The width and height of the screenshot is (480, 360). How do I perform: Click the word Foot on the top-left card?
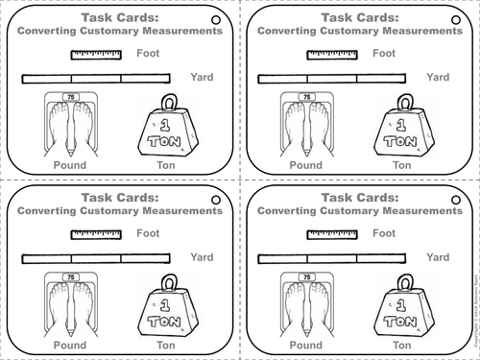coord(148,54)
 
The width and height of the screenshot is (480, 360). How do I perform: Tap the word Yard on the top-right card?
coord(438,77)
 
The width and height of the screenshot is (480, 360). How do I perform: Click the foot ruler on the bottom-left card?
coord(97,233)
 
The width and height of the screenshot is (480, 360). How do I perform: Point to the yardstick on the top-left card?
coord(96,77)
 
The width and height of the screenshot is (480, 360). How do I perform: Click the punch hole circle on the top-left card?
coord(215,19)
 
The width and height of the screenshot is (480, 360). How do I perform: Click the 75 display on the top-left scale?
coord(68,97)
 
